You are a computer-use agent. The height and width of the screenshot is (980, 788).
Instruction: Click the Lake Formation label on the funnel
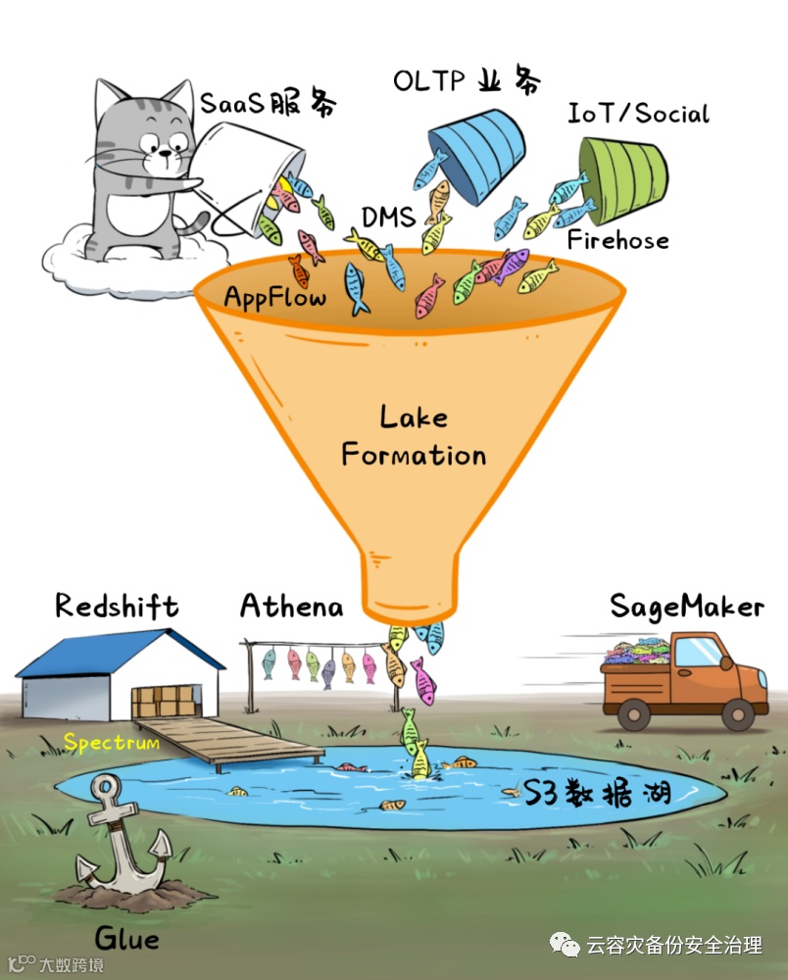413,437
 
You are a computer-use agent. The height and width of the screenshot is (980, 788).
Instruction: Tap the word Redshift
117,606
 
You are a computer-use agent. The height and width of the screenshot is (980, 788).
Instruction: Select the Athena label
292,607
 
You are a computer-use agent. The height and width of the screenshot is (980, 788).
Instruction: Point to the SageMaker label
686,607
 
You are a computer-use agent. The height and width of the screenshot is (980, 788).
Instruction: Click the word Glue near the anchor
127,939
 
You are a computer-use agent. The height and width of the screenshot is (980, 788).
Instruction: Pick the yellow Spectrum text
112,743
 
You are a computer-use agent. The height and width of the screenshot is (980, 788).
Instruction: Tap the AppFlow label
274,297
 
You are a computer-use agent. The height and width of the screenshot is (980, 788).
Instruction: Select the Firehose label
617,240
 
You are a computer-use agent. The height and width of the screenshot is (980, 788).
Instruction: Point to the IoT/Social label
638,114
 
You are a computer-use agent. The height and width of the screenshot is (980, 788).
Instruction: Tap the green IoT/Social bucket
625,176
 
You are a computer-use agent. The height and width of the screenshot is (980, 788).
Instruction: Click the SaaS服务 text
270,104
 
